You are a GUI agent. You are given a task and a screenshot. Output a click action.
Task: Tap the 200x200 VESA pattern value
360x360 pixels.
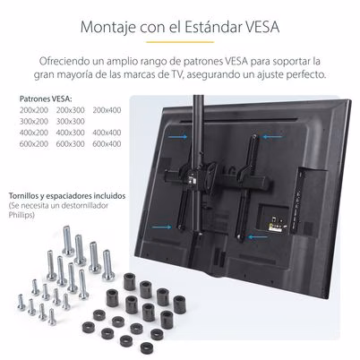(34, 110)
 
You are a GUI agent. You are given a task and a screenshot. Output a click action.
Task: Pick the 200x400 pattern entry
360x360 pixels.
(106, 110)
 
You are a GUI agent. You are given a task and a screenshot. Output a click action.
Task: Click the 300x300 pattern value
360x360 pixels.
(70, 121)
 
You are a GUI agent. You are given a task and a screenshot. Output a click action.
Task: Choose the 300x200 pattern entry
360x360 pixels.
(34, 121)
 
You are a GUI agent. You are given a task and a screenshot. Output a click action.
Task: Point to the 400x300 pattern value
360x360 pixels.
(70, 132)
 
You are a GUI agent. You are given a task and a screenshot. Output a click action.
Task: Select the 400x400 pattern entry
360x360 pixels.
(106, 132)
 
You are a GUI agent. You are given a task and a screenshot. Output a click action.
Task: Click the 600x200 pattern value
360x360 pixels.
(34, 143)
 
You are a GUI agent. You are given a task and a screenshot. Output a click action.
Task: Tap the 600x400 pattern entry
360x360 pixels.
(106, 143)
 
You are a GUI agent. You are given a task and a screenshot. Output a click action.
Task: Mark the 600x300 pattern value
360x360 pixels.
(70, 143)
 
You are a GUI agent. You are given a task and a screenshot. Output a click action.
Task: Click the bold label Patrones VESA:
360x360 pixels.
(43, 99)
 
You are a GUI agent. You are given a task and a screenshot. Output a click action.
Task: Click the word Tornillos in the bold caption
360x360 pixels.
(26, 194)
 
